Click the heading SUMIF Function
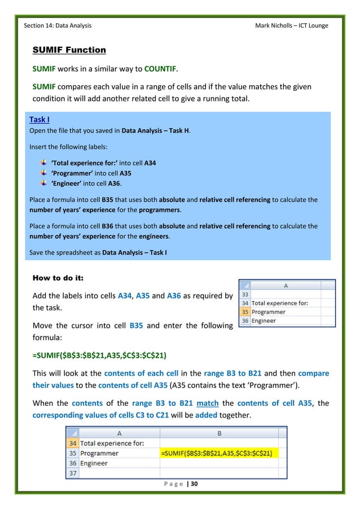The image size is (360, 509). pos(69,50)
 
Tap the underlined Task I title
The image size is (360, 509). pos(39,120)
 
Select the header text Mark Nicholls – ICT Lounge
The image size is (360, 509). pos(291,25)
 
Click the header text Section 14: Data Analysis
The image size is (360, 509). pos(58,25)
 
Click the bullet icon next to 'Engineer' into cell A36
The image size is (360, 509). pos(44,184)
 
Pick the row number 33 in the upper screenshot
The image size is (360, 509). pos(244,294)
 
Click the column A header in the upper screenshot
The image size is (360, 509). pos(286,286)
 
